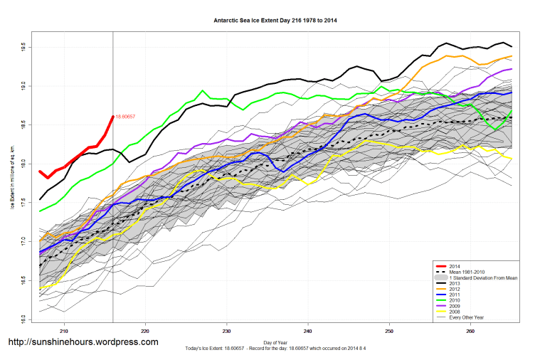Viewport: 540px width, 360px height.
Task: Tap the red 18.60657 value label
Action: [125, 116]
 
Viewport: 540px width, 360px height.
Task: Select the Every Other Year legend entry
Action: [466, 317]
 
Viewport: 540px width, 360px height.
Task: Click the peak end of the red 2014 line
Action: [113, 116]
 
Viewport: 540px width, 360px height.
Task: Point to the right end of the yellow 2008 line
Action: [510, 158]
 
